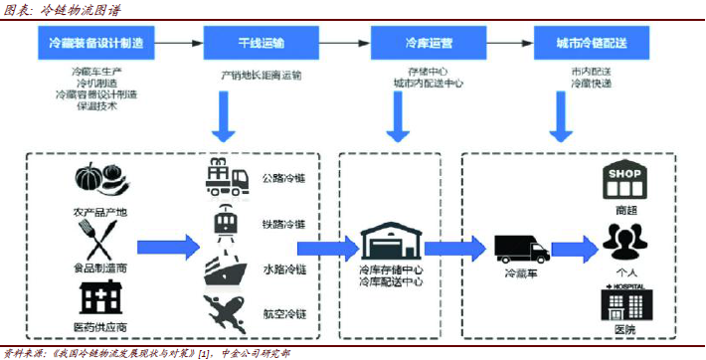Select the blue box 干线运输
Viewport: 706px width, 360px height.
click(261, 45)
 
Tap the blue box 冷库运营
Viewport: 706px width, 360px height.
click(429, 45)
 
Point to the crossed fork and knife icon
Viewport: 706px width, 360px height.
click(98, 238)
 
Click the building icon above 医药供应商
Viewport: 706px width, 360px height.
click(99, 297)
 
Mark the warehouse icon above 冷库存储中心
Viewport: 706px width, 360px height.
click(390, 243)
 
